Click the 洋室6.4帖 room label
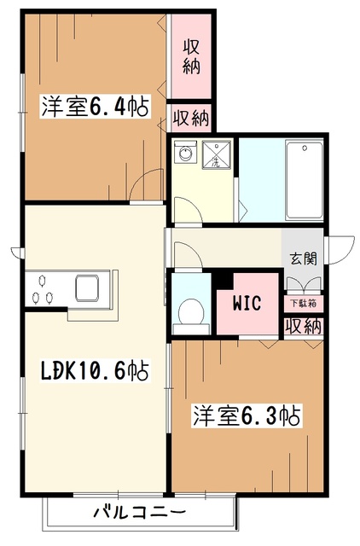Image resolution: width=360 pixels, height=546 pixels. [93, 108]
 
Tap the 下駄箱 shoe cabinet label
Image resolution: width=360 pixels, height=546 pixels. [303, 303]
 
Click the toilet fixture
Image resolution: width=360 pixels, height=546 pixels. [190, 313]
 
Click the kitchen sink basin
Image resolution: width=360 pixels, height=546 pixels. [90, 288]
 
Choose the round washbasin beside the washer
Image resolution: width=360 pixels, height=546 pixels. [183, 154]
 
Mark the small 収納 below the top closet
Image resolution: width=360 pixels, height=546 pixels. [189, 116]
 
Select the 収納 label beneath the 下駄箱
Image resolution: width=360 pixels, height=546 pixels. [304, 326]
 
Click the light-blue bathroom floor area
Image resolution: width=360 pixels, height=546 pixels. [259, 179]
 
